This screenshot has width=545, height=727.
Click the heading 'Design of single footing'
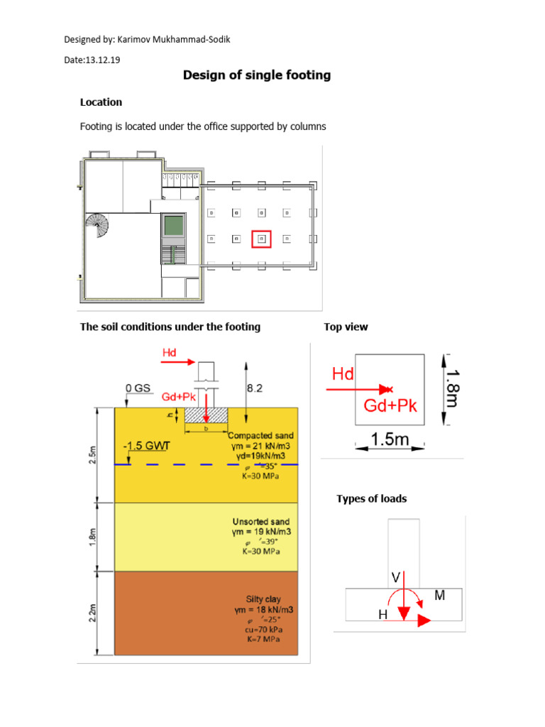pos(257,75)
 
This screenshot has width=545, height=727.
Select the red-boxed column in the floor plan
pos(261,238)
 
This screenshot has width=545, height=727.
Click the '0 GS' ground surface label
pos(138,388)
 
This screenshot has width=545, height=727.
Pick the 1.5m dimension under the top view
pos(390,440)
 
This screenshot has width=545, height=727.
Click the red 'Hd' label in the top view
pos(342,373)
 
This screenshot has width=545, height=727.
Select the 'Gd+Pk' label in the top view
pos(390,405)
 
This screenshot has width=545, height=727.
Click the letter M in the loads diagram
pos(440,597)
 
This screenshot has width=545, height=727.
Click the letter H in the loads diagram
pos(382,616)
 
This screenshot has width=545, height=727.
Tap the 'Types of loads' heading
pos(372,498)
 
